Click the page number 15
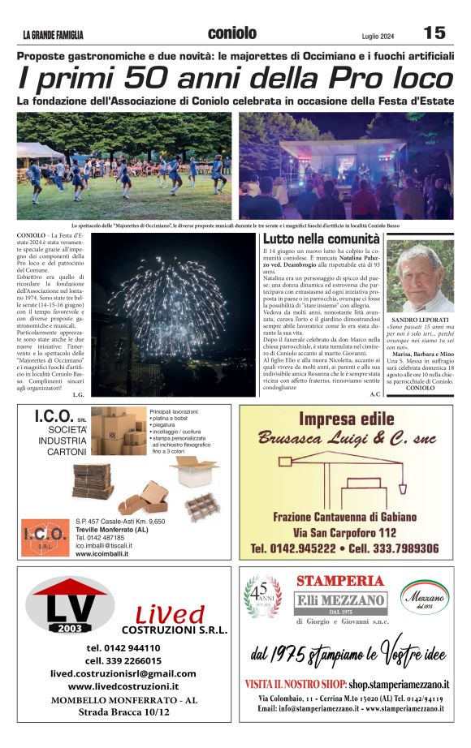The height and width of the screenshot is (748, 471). (x=434, y=32)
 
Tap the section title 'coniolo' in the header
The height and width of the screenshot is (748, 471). (x=231, y=32)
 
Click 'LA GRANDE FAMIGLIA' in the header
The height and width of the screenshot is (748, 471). (x=53, y=35)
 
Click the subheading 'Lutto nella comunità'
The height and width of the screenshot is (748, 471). (x=321, y=239)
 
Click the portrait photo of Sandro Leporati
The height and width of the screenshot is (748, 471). (x=420, y=275)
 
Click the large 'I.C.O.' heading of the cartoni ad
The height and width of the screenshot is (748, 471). (x=54, y=417)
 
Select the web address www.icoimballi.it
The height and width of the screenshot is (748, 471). (x=104, y=553)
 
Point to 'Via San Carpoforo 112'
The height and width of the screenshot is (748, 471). (x=345, y=532)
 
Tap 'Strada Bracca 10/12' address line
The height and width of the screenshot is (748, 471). (x=123, y=711)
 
